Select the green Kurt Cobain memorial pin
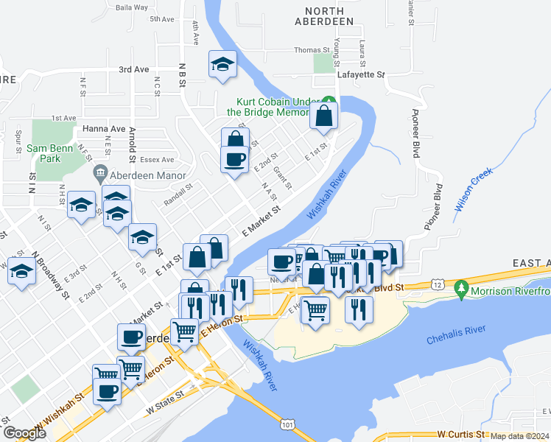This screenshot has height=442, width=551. tap(331, 101)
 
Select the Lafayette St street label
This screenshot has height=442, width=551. tap(361, 74)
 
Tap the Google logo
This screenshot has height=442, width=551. tap(24, 433)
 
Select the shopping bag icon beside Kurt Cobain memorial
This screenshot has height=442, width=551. tap(323, 116)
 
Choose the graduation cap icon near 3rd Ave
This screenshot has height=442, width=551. tap(221, 64)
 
